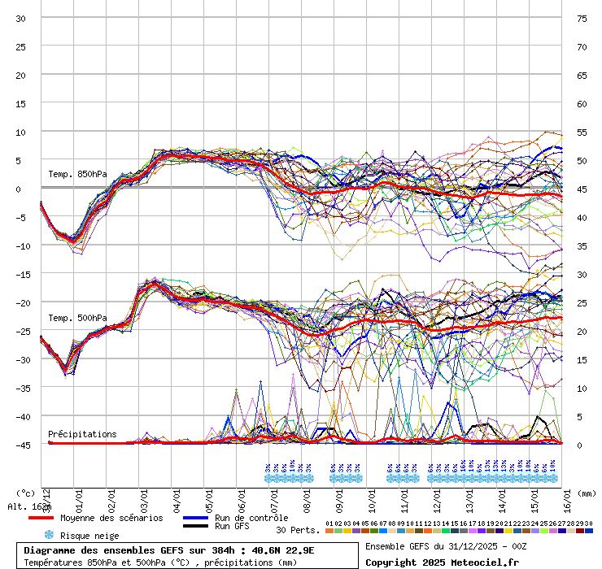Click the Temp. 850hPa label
click(77, 174)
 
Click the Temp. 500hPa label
click(77, 318)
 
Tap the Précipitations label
click(82, 434)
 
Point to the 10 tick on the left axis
click(21, 132)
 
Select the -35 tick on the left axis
click(21, 388)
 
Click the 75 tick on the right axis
click(582, 18)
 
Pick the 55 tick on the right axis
click(582, 132)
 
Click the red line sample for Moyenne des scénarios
click(41, 518)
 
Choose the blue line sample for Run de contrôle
click(195, 518)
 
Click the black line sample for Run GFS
click(195, 526)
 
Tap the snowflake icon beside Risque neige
click(49, 536)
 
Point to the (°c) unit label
click(25, 493)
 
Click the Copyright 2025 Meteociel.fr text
click(442, 562)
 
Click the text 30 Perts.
click(298, 530)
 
